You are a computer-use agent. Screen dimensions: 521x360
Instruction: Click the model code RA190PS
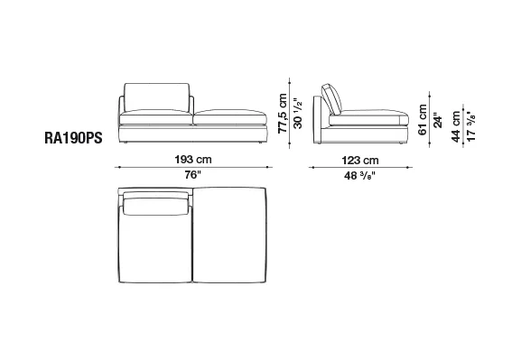[73, 138]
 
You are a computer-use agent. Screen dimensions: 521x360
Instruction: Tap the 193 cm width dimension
[193, 160]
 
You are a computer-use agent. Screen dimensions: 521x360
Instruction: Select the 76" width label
[193, 175]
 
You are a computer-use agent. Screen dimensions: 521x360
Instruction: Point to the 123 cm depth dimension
[360, 161]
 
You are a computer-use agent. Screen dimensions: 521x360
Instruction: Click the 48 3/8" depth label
[359, 175]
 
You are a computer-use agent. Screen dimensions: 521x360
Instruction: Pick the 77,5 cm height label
[283, 114]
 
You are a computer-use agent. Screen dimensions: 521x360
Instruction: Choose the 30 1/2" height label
[298, 114]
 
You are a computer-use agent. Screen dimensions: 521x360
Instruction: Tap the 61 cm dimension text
[423, 120]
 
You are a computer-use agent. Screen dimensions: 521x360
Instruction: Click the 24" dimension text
[438, 122]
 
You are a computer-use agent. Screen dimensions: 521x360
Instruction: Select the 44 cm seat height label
[456, 126]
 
